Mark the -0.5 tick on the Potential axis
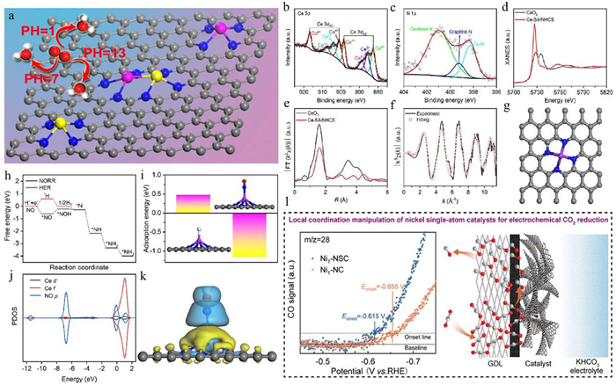[323, 360]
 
